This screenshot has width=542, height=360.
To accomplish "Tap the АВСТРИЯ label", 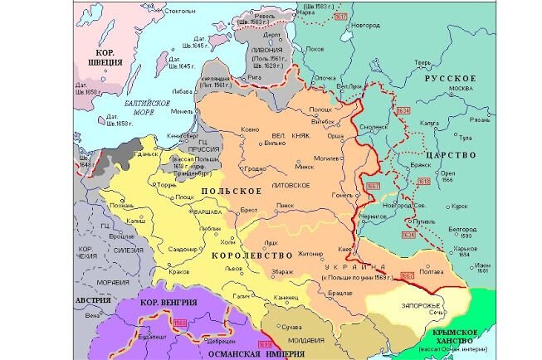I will click(93, 300).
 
